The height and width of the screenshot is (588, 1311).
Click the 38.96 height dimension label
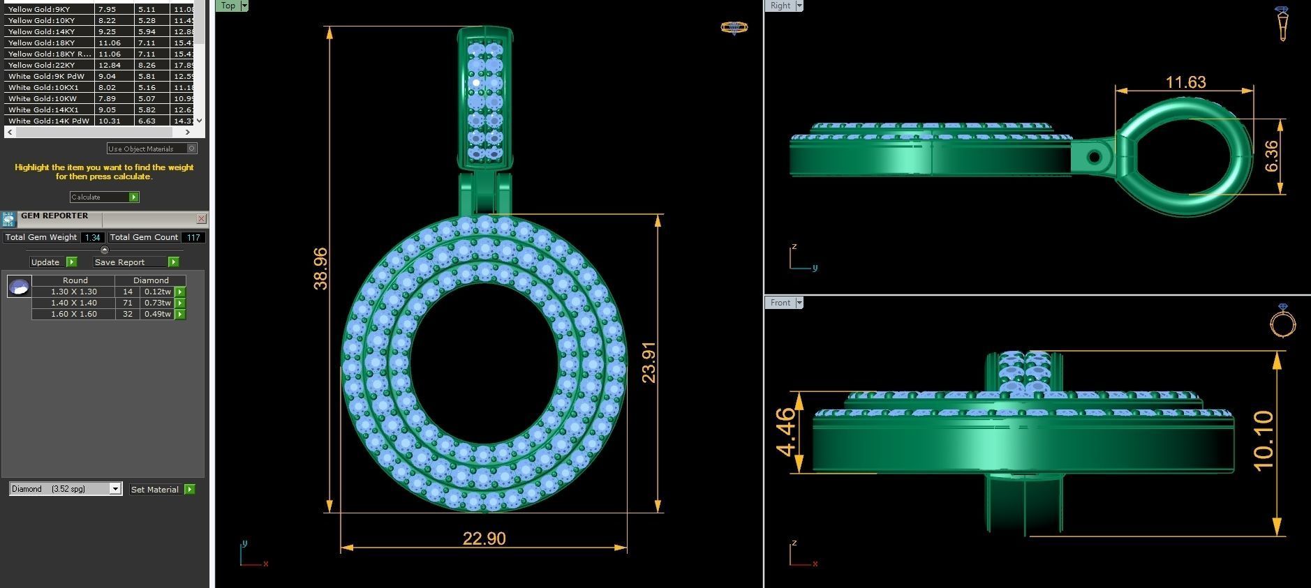(320, 269)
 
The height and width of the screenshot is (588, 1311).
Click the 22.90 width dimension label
(484, 538)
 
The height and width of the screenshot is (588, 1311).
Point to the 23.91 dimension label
(649, 362)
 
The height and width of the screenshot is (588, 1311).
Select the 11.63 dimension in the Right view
(1185, 82)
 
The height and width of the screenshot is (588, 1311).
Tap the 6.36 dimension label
(1271, 156)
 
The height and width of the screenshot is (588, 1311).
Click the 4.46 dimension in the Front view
(785, 432)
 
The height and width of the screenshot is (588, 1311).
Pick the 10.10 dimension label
(1264, 441)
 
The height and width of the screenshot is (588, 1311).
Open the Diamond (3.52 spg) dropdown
(115, 489)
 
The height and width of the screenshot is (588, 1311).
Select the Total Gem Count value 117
(193, 237)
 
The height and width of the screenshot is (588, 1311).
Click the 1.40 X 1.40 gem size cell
(73, 303)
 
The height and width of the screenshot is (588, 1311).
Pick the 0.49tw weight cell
(158, 314)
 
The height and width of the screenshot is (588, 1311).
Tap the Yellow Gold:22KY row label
(41, 65)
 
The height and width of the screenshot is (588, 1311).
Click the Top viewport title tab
(228, 6)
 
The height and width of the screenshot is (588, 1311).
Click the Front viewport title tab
(780, 303)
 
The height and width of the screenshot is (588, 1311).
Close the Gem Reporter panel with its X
(201, 218)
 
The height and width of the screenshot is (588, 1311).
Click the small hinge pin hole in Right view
(1094, 157)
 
